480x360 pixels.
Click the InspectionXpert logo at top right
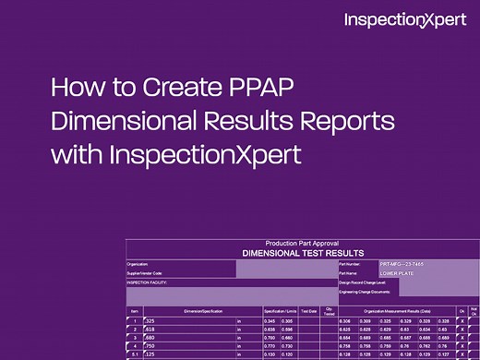404,20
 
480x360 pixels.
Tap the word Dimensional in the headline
118,123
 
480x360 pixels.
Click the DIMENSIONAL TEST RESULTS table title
302,252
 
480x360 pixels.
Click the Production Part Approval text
302,243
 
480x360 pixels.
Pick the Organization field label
138,264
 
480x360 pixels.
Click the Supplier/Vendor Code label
145,273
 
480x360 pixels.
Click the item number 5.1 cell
134,354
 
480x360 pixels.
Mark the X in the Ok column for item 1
462,320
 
